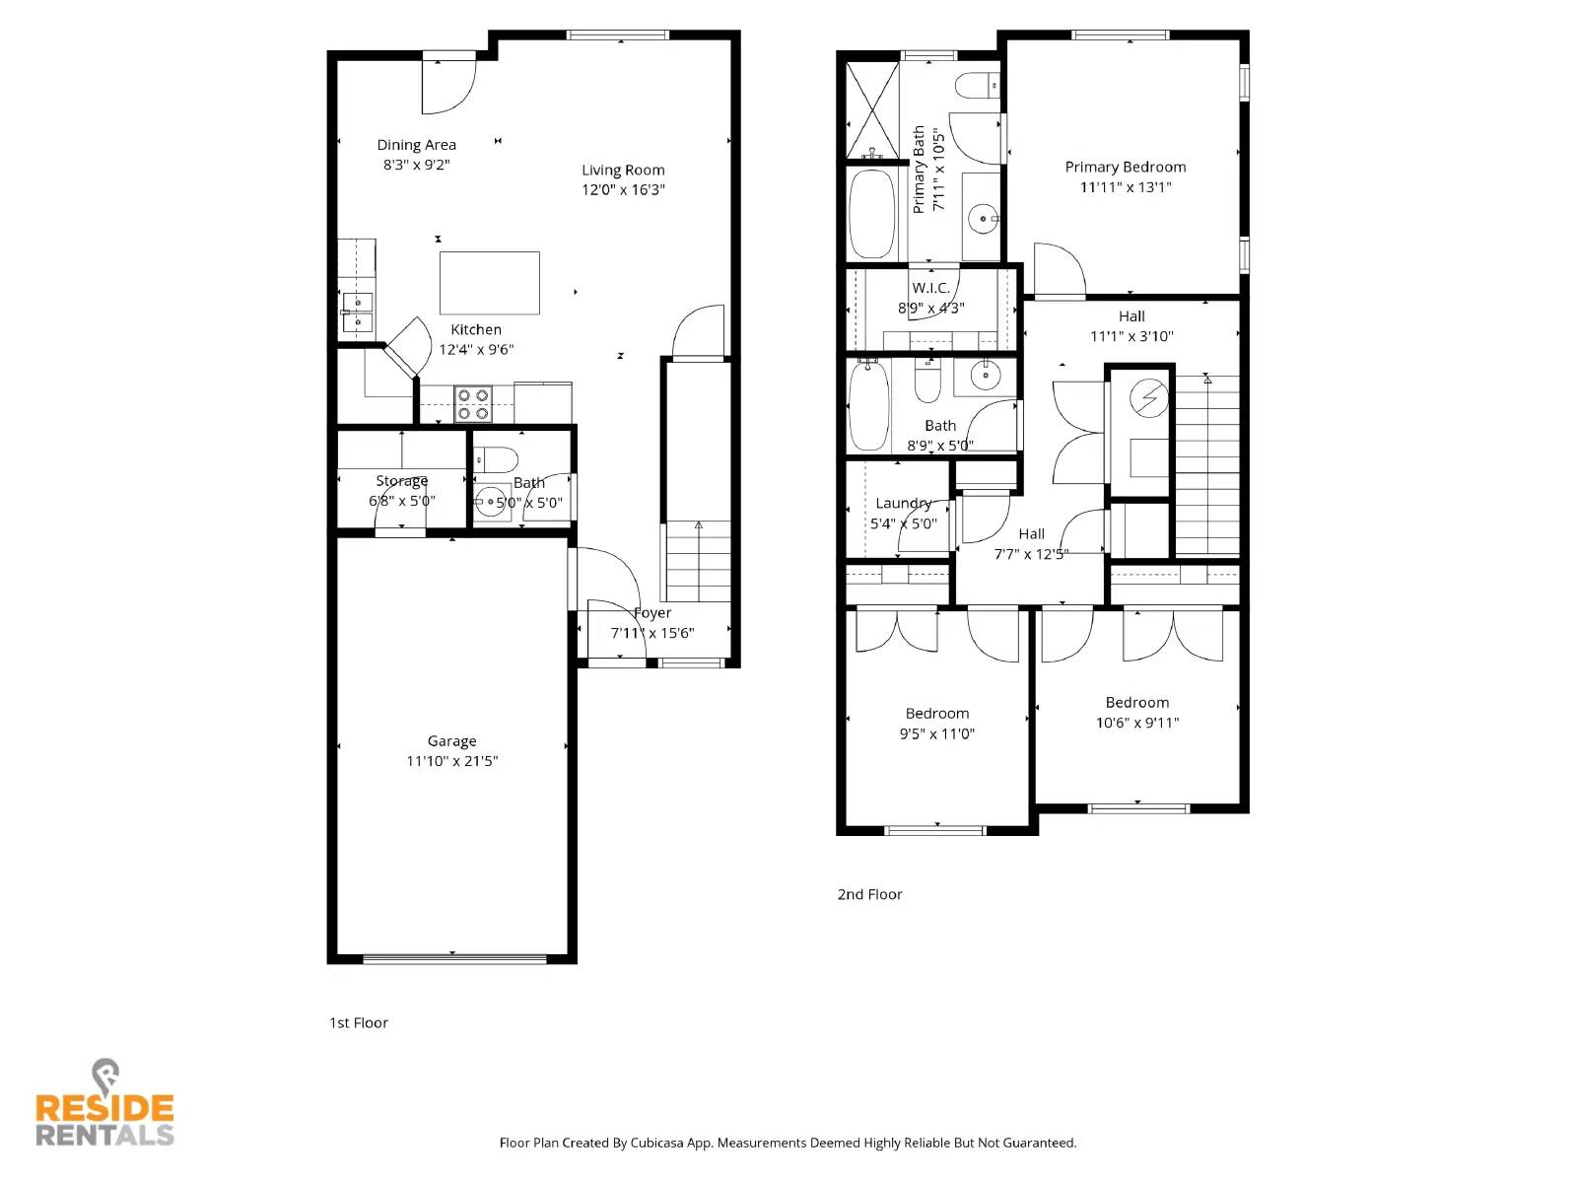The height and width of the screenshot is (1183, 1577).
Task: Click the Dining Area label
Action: click(x=416, y=145)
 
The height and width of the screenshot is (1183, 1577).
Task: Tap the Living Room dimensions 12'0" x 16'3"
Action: click(x=623, y=190)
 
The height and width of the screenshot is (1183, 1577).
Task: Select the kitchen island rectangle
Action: click(x=489, y=283)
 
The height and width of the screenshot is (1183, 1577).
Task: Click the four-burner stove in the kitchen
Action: click(x=472, y=404)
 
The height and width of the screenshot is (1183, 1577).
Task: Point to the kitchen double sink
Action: click(x=357, y=312)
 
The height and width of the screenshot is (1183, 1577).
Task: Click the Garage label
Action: click(x=451, y=741)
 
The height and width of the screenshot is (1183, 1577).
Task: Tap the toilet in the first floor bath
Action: click(x=497, y=459)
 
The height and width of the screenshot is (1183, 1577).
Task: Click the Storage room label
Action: click(x=401, y=481)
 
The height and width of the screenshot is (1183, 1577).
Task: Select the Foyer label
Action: click(x=652, y=613)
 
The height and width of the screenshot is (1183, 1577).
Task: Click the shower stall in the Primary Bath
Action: click(x=873, y=110)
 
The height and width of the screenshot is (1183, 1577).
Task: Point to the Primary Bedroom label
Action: click(x=1125, y=168)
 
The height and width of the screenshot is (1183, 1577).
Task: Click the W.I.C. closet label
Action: click(x=930, y=288)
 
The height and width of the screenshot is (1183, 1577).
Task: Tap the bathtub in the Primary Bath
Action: click(x=872, y=214)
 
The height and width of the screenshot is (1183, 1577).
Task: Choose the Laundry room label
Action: click(x=903, y=503)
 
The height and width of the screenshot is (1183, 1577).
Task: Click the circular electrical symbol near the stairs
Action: click(x=1148, y=398)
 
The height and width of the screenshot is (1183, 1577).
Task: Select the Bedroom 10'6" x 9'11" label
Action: click(x=1136, y=703)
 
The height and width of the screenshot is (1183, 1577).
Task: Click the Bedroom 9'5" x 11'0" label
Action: click(x=936, y=714)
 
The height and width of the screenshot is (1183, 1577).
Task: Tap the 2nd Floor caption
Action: click(x=869, y=895)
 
